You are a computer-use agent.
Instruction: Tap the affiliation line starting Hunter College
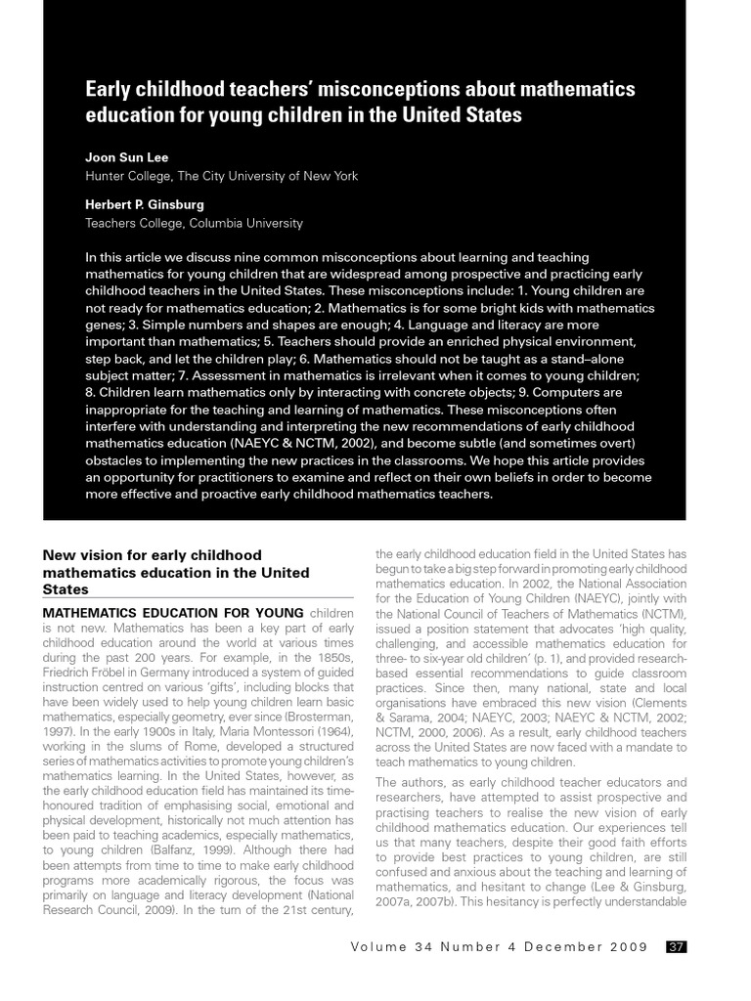221,176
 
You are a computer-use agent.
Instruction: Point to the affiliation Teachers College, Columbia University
194,223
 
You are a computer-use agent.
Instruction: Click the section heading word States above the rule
66,589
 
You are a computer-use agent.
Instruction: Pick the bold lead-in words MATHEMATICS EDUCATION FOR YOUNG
166,613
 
